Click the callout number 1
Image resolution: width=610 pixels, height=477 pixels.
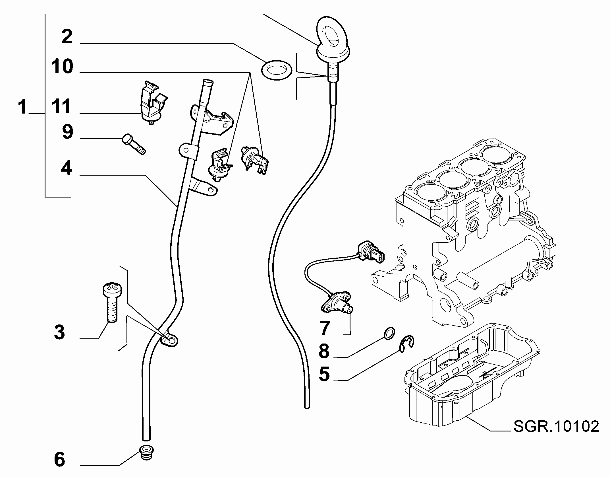tap(22, 107)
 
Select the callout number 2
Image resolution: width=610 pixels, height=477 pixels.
tap(67, 36)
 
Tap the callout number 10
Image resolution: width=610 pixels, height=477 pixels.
tap(62, 66)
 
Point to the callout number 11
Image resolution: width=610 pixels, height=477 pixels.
tap(61, 106)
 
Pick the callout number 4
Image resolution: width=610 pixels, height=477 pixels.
tap(67, 168)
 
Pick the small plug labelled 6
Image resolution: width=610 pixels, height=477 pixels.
tap(146, 452)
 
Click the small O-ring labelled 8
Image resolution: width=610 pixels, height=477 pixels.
tap(389, 333)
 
